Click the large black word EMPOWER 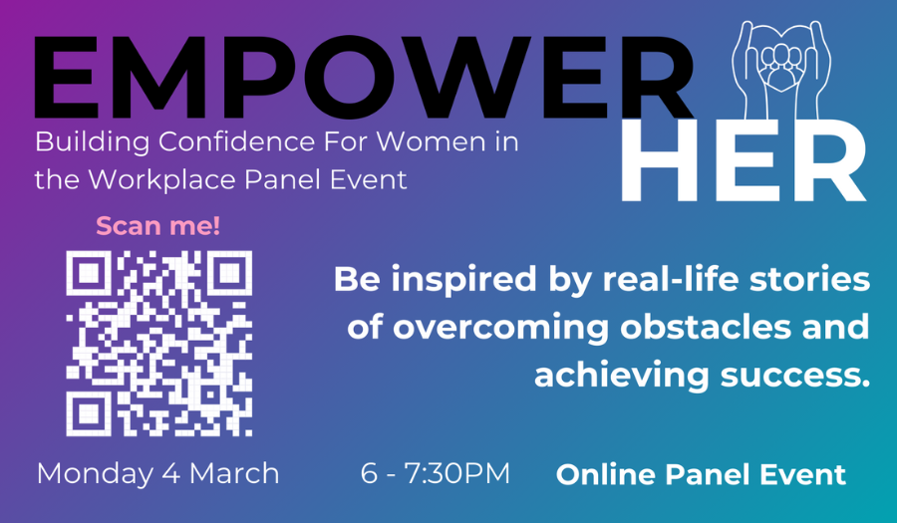point(364,77)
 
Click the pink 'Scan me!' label point(157,226)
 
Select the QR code point(159,344)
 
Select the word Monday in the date point(96,474)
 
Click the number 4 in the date point(171,474)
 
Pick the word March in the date point(234,474)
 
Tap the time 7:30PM point(457,474)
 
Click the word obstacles point(706,327)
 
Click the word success point(795,377)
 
